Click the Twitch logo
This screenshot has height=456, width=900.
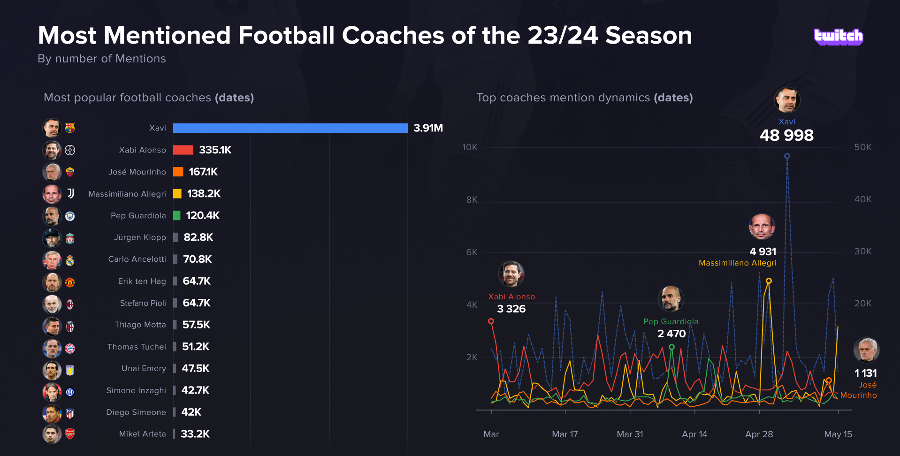click(838, 37)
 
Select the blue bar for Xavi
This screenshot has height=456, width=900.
click(290, 128)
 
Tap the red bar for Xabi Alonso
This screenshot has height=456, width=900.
click(183, 150)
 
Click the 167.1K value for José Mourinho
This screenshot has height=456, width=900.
click(203, 172)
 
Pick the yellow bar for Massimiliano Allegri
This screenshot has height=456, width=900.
click(177, 194)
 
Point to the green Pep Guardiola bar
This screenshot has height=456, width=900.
click(177, 215)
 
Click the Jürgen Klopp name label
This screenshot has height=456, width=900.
click(140, 237)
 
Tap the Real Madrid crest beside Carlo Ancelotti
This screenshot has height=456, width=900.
click(70, 260)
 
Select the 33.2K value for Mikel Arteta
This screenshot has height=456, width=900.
click(195, 434)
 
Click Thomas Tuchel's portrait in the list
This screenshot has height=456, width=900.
click(52, 348)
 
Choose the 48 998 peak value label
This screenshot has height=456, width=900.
click(786, 136)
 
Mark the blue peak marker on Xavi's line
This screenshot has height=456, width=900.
click(787, 156)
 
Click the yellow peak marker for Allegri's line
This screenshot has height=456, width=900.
click(769, 281)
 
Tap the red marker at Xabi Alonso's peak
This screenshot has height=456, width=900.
click(491, 321)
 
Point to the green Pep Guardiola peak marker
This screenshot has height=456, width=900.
click(671, 347)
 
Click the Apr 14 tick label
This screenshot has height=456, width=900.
click(694, 434)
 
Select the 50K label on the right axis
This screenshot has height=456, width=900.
click(862, 147)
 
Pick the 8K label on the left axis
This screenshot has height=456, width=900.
click(472, 200)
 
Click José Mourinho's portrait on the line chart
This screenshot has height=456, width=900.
click(866, 350)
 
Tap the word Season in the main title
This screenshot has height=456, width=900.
click(648, 36)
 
